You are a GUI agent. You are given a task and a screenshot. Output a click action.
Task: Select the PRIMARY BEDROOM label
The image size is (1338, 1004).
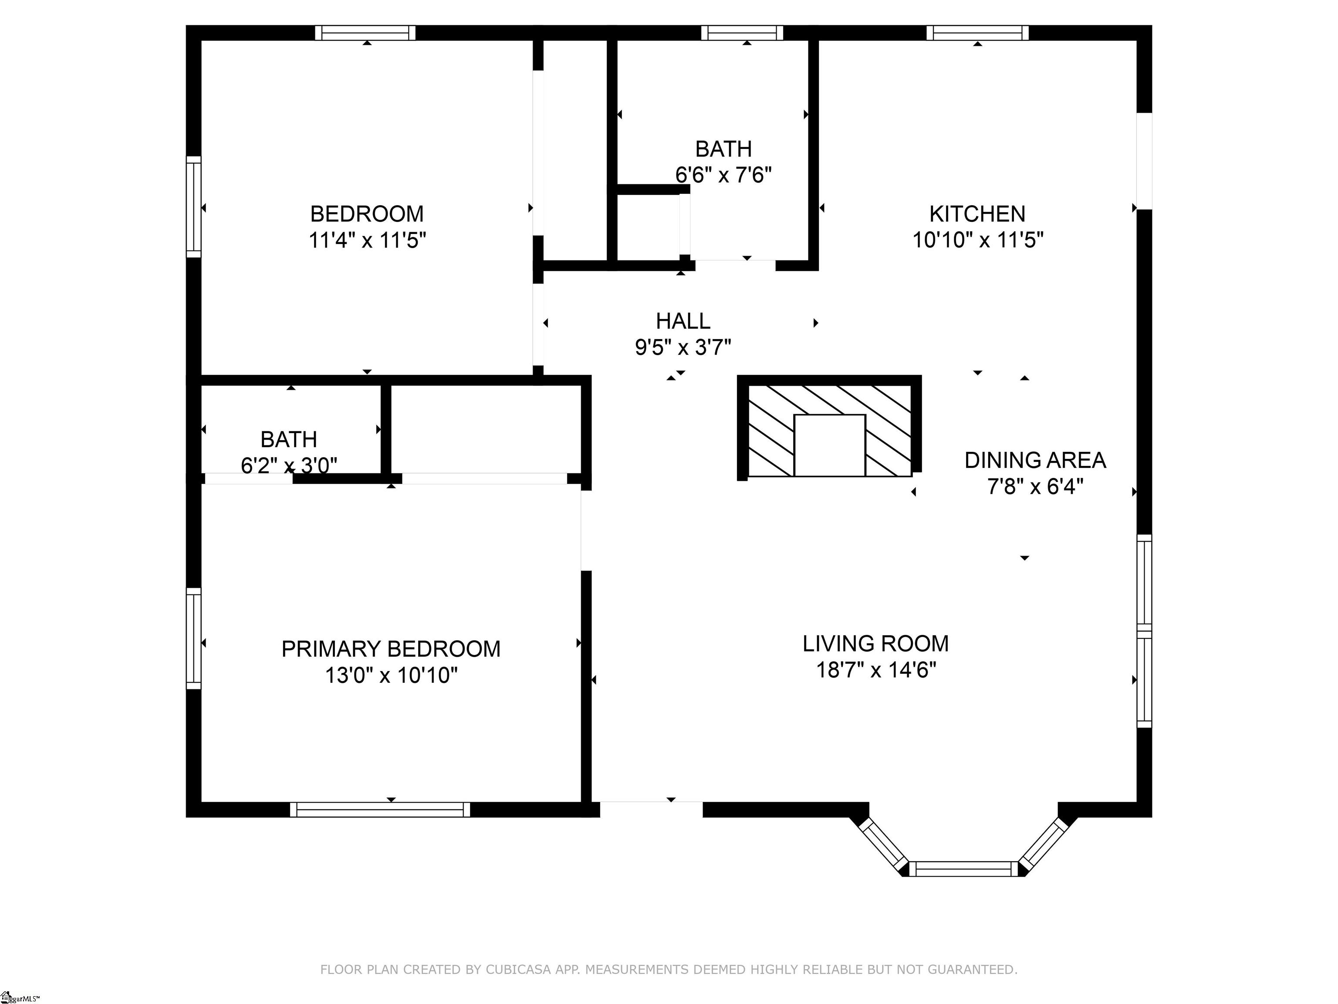tap(391, 649)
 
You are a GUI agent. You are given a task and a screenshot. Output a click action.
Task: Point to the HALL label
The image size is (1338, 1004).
tap(683, 321)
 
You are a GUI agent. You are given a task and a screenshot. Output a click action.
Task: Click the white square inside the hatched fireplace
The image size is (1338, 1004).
tap(829, 445)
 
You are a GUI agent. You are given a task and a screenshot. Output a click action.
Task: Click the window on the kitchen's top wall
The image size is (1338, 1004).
tap(977, 33)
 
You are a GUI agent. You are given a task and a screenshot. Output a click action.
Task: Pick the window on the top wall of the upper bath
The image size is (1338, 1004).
tap(742, 33)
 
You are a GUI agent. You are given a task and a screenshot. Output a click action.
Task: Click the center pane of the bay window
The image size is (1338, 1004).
tap(963, 869)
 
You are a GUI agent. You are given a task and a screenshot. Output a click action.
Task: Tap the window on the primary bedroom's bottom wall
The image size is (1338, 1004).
tap(380, 810)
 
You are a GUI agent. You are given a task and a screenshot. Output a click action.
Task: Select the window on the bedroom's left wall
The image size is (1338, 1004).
tap(193, 207)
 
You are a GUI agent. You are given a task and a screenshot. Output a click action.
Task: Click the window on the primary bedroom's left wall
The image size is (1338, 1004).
tap(193, 638)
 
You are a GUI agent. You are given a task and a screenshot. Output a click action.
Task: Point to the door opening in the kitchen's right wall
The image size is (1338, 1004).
tap(1144, 161)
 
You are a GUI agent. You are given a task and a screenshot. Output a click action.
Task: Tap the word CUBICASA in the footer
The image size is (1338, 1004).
tap(518, 970)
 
